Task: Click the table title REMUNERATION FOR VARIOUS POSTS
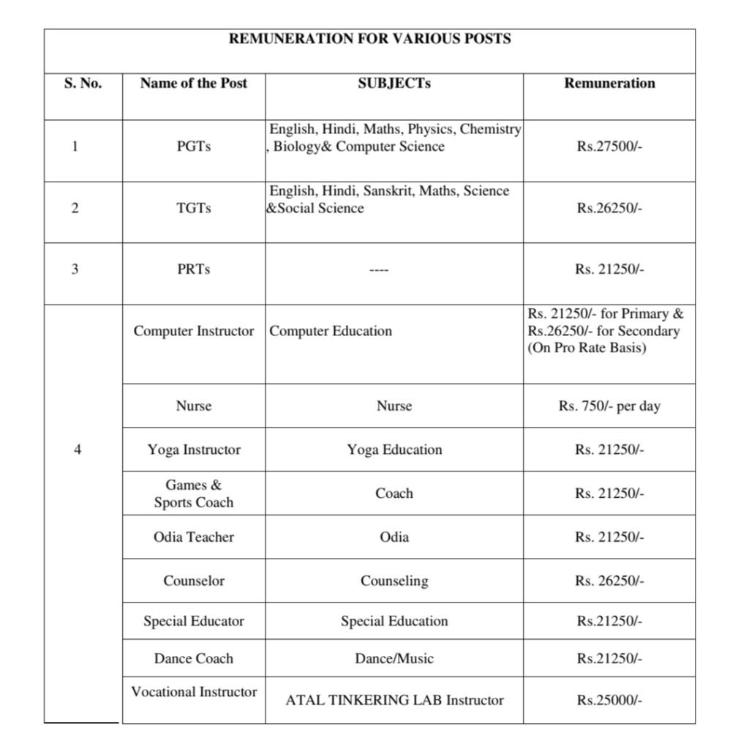point(369,39)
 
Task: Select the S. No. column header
point(83,83)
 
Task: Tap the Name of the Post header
point(193,83)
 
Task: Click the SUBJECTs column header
point(394,83)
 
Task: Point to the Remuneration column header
point(609,83)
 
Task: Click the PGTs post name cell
point(193,146)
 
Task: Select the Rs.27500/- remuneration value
point(609,146)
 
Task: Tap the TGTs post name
point(193,208)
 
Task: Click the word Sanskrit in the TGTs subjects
point(415,191)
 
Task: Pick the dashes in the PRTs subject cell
point(378,270)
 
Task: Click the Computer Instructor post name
point(193,331)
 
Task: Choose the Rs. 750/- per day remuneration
point(609,406)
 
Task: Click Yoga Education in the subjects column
point(394,450)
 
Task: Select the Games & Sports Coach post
point(193,493)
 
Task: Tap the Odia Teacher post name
point(193,537)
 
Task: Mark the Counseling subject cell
point(394,581)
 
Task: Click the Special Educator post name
point(193,622)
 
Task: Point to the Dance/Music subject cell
point(394,659)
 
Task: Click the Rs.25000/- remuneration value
point(609,701)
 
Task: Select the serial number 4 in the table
point(78,450)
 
